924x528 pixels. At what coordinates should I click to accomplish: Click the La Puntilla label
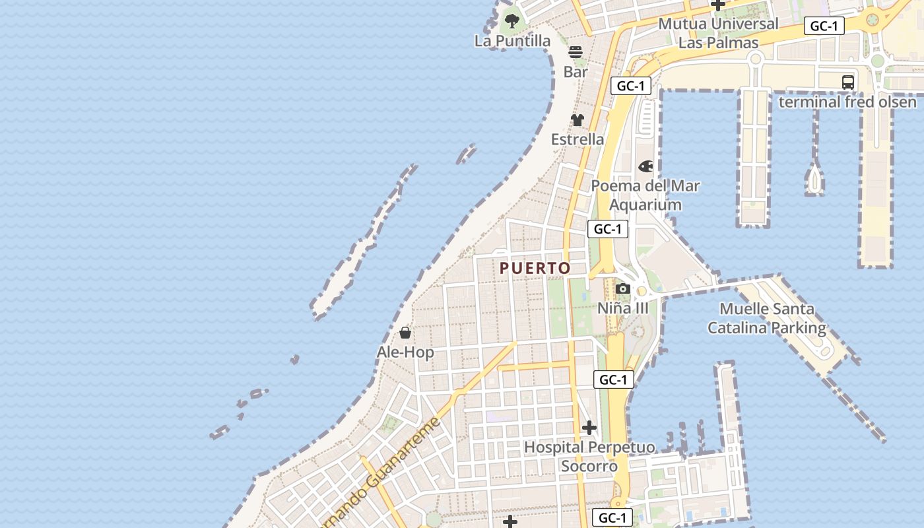click(x=512, y=41)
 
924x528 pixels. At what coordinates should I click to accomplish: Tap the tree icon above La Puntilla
click(x=511, y=20)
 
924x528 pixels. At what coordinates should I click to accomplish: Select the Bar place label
click(x=576, y=72)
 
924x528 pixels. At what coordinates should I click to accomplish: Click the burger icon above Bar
click(x=576, y=52)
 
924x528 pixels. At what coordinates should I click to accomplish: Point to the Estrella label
click(x=577, y=139)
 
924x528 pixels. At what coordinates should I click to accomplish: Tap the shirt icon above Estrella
click(x=577, y=120)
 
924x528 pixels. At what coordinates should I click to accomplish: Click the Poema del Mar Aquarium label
click(x=645, y=195)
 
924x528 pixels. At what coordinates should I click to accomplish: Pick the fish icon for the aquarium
click(x=645, y=166)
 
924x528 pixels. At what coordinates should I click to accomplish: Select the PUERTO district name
click(x=535, y=268)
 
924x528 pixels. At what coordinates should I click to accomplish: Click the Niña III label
click(x=622, y=308)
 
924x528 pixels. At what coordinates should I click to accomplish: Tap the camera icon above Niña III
click(x=622, y=288)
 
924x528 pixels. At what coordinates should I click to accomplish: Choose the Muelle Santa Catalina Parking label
click(x=766, y=318)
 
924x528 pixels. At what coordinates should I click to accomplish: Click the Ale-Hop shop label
click(x=405, y=352)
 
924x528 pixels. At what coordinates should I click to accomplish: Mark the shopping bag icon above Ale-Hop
click(x=405, y=333)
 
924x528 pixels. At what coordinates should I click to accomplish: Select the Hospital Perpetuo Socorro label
click(x=589, y=457)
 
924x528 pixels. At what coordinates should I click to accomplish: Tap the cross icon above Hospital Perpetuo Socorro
click(x=589, y=428)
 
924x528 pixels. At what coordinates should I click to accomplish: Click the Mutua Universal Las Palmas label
click(x=718, y=33)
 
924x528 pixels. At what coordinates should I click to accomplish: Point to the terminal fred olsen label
click(x=847, y=102)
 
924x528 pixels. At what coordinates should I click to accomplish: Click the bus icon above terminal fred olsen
click(x=848, y=82)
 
